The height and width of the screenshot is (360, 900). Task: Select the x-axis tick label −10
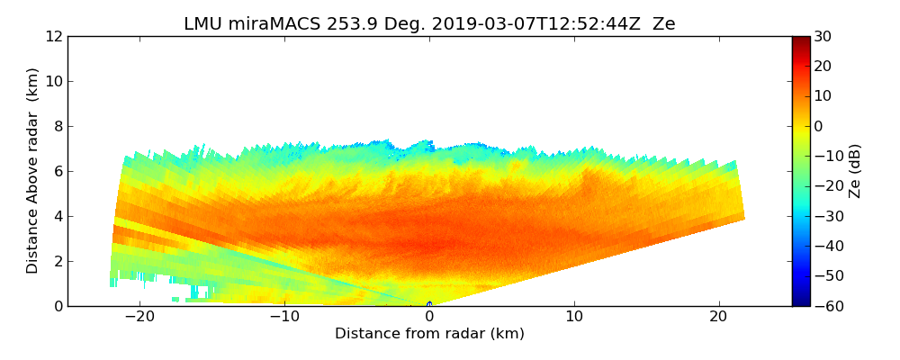(x=284, y=317)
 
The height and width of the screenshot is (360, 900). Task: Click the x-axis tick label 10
(x=574, y=317)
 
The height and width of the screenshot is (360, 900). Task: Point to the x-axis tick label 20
(x=719, y=317)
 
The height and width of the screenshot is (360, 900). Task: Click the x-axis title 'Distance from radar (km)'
(x=429, y=334)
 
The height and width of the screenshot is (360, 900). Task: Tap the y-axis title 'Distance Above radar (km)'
(x=33, y=170)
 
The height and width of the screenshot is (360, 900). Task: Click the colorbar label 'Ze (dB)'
(x=855, y=170)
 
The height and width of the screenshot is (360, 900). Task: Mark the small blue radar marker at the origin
(x=429, y=304)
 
